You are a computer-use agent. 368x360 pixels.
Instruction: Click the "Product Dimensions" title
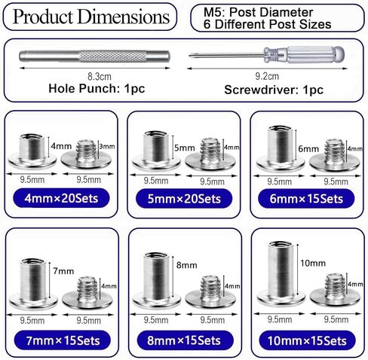91,17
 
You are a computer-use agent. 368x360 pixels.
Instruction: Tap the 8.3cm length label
100,77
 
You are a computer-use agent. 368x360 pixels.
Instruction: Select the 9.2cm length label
267,76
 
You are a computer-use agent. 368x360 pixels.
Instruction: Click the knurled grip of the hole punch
112,56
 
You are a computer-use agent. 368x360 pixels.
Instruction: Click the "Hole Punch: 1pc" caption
97,89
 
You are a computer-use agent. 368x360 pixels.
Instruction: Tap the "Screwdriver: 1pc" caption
274,90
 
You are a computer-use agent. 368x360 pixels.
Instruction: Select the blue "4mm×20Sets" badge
61,198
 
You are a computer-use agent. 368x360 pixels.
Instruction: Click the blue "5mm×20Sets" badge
184,199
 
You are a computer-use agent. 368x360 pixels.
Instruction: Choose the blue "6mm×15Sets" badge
306,199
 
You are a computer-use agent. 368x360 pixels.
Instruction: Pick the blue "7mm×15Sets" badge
63,340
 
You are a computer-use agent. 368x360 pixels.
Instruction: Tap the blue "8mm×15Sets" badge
185,340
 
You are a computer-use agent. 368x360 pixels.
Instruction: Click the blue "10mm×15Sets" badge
307,340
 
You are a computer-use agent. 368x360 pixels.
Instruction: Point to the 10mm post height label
313,263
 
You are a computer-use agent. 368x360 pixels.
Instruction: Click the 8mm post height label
186,265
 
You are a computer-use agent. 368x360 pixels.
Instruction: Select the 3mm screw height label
107,146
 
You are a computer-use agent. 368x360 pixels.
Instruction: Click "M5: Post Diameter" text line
258,12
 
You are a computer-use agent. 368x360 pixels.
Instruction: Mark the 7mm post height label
63,271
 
